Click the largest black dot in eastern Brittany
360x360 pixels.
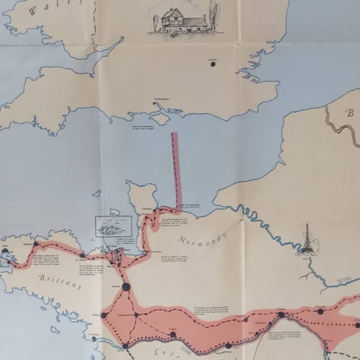coord(125,286)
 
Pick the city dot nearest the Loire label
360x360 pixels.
coord(173,333)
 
